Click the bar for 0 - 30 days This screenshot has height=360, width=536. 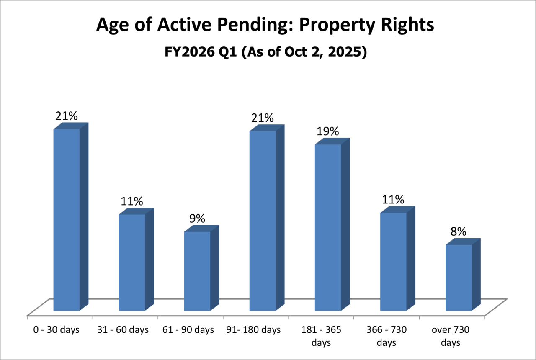67,220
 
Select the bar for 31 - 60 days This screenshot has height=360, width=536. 132,262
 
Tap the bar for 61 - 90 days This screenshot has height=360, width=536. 197,271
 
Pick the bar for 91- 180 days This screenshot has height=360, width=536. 263,221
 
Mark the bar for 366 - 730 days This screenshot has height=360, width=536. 393,262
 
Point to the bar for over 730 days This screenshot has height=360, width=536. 459,278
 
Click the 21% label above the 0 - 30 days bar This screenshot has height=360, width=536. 67,116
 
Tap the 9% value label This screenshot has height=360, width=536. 197,218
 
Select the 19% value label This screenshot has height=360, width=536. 327,131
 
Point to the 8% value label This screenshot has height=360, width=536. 458,231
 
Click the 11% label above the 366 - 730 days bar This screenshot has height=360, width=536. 393,200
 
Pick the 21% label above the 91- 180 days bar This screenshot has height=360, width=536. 263,118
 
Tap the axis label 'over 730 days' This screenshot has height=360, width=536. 451,336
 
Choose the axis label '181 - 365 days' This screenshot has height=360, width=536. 321,336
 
